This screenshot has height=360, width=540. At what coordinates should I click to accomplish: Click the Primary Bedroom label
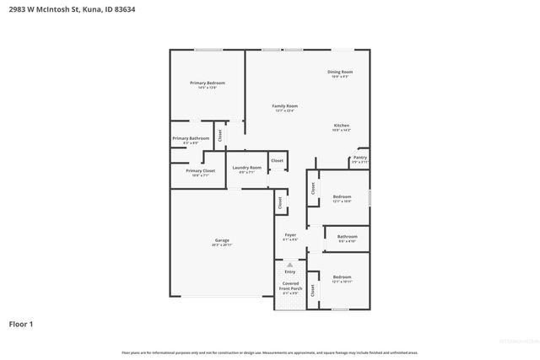[x=208, y=83]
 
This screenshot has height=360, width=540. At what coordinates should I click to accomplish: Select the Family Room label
[x=284, y=106]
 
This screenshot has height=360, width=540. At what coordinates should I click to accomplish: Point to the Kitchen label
[x=340, y=126]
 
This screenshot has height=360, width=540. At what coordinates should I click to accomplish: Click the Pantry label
[x=360, y=157]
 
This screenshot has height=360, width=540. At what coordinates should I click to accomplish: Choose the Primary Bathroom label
[x=191, y=138]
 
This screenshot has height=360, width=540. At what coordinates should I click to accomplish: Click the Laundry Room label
[x=247, y=168]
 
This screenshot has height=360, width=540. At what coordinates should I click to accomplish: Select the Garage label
[x=222, y=241]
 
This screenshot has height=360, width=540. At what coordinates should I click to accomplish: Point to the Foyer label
[x=290, y=235]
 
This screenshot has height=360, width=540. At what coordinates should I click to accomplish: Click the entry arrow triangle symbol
[x=290, y=265]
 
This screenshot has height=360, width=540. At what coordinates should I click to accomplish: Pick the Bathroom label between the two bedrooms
[x=347, y=237]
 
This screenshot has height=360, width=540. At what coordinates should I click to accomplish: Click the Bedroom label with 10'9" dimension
[x=342, y=196]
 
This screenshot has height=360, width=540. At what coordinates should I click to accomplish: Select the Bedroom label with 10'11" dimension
[x=342, y=277]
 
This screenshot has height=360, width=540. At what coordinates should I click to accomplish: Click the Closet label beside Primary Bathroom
[x=221, y=134]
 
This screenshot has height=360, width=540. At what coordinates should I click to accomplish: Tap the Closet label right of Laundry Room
[x=277, y=160]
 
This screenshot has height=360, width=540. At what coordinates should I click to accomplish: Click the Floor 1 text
[x=21, y=324]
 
